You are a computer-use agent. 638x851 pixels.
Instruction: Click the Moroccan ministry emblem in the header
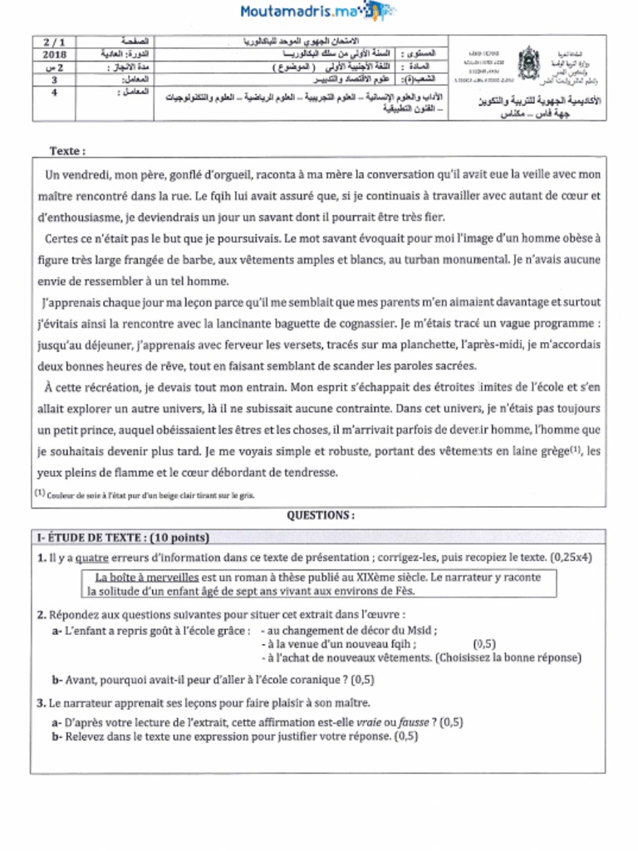(528, 61)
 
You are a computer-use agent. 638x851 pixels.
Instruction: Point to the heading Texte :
(67, 151)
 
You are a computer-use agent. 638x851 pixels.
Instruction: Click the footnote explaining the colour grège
(145, 495)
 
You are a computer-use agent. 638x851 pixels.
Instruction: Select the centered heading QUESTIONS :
(320, 515)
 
